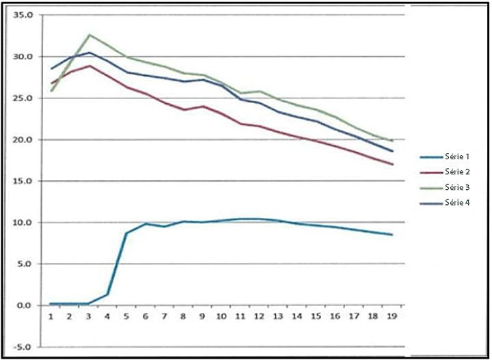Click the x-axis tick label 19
[392, 317]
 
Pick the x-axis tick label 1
[51, 317]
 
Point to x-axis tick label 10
[221, 317]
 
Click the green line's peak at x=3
[89, 35]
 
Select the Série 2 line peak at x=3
[89, 66]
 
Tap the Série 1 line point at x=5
[126, 233]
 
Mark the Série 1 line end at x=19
[392, 234]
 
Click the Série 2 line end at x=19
[392, 164]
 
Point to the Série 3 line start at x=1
[51, 91]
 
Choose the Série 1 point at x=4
[107, 294]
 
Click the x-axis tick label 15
[316, 317]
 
